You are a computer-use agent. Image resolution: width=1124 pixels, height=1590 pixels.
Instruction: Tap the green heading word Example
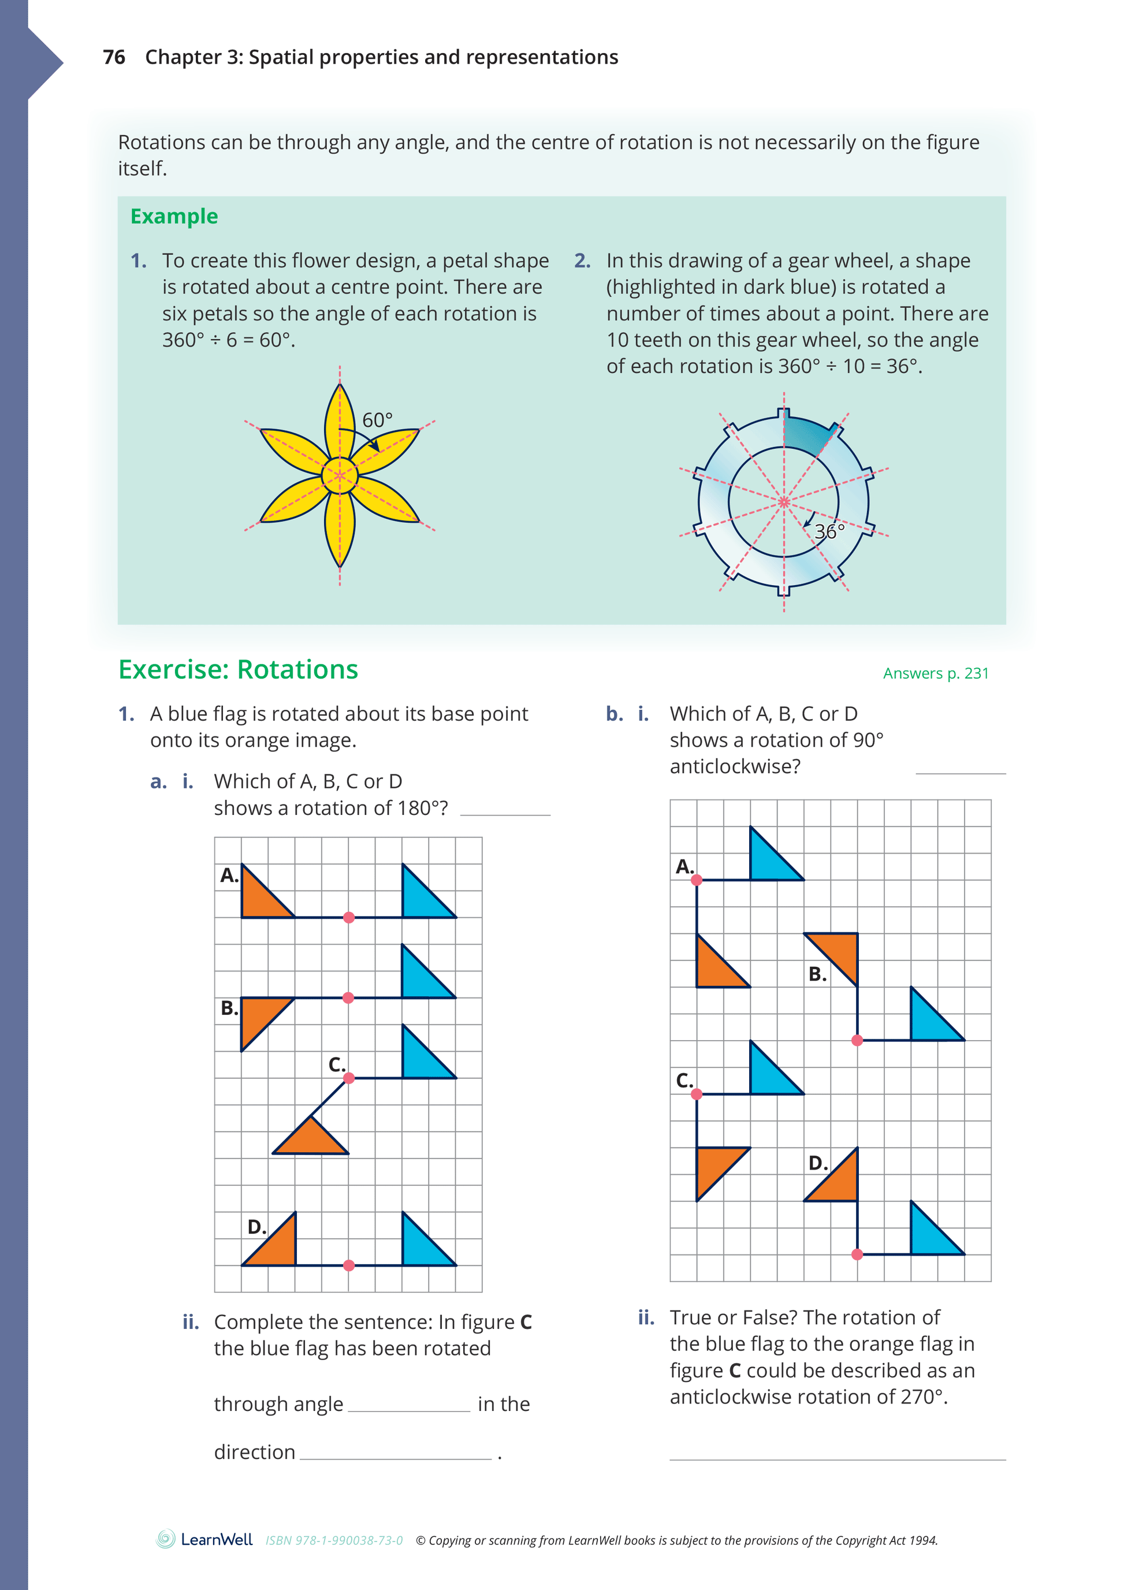point(174,216)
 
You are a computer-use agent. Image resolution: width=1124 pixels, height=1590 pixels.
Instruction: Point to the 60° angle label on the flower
point(377,420)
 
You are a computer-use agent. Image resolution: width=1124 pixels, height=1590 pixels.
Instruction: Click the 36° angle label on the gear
point(829,531)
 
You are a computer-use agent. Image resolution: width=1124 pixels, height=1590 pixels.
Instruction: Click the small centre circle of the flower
point(340,475)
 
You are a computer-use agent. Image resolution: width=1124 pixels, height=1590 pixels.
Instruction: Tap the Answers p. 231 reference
point(935,673)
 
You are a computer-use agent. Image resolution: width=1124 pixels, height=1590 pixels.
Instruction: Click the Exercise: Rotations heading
point(238,669)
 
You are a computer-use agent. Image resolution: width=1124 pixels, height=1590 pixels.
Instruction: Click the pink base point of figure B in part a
point(348,998)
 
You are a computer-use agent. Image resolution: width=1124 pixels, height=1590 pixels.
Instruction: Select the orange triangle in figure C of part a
point(311,1138)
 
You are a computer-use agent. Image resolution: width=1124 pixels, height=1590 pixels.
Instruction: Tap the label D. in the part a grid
point(256,1227)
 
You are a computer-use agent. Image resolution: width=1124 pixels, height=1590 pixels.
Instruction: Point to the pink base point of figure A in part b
point(697,880)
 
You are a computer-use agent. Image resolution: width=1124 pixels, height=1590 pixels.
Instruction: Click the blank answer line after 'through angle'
point(408,1405)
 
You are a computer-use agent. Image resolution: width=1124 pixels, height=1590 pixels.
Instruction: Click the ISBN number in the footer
point(334,1540)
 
